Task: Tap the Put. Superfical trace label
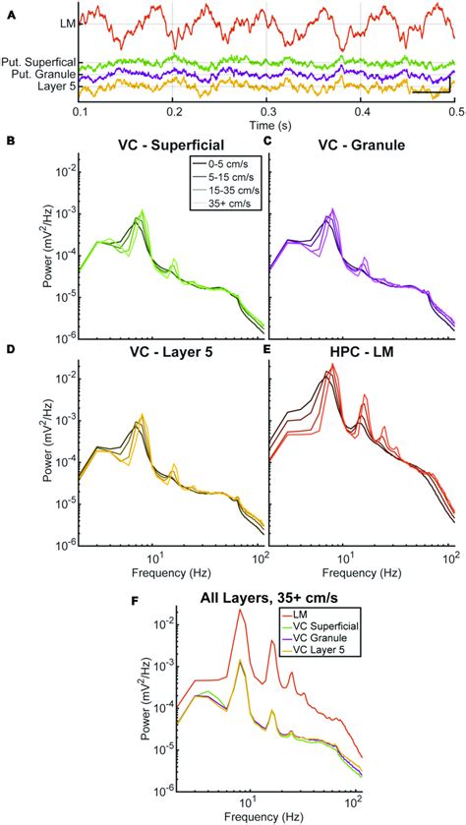[40, 63]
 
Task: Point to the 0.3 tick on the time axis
[266, 113]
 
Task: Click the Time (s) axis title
[266, 126]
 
